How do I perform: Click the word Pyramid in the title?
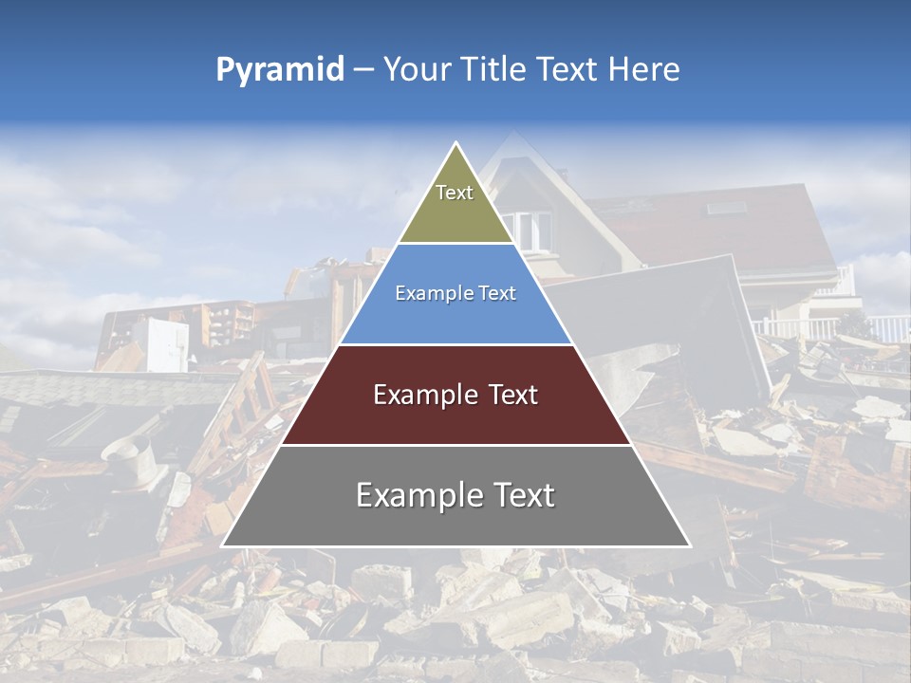(x=280, y=70)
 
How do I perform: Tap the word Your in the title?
(x=414, y=69)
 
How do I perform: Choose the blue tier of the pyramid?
(x=455, y=308)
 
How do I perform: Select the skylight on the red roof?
(x=725, y=207)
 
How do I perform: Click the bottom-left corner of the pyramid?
(x=223, y=545)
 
